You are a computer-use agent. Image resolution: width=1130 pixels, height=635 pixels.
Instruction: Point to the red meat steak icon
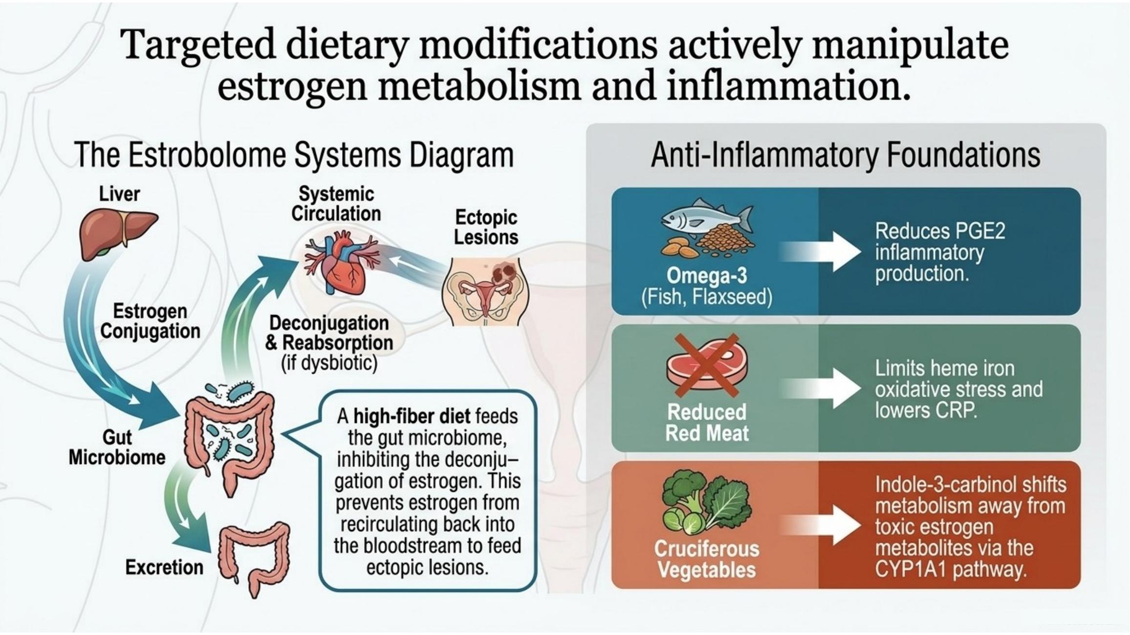pos(707,364)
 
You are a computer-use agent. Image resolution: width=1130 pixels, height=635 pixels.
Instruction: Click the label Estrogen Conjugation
pos(150,321)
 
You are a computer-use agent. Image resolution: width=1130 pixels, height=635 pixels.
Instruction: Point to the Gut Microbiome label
pos(117,447)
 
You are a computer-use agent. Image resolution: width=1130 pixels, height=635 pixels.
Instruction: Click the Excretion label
pos(164,567)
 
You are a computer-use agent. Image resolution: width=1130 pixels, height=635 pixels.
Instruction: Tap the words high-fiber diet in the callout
pos(412,417)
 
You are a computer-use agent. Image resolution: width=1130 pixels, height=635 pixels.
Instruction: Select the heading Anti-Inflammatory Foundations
pos(846,155)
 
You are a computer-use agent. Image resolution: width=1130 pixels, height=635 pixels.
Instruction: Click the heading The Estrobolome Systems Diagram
pos(294,155)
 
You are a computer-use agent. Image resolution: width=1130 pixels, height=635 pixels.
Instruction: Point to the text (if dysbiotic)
pos(329,363)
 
